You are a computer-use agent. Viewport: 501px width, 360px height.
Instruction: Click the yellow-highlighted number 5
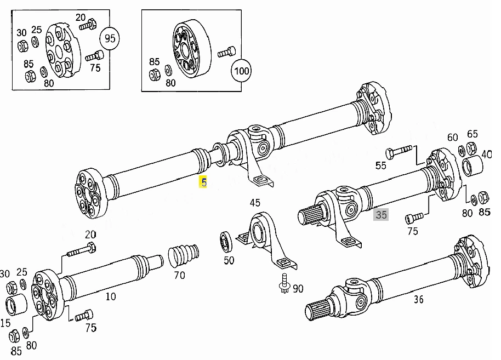pos(203,182)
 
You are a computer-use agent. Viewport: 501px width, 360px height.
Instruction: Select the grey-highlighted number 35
pos(381,214)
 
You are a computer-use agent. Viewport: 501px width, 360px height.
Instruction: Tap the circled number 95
pos(110,38)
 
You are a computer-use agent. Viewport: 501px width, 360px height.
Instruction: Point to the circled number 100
pos(241,71)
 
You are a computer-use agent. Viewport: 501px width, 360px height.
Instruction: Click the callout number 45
pos(255,203)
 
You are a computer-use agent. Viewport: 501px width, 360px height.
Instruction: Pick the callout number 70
pos(179,275)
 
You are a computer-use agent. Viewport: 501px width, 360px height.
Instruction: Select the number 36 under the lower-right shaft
pos(418,299)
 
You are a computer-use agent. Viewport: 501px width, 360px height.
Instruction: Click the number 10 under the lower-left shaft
pos(111,296)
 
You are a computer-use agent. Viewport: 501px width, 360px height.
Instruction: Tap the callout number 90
pos(298,289)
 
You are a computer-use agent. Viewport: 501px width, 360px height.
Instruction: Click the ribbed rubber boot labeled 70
pos(184,255)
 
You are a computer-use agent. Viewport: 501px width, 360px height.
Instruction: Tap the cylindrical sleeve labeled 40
pos(473,165)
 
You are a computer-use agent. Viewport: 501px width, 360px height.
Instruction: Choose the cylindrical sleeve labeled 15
pos(17,305)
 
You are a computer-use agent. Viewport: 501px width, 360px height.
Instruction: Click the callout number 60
pos(452,138)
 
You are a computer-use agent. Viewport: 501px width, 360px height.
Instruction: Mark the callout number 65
pos(472,134)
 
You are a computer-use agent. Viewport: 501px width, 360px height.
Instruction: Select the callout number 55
pos(380,165)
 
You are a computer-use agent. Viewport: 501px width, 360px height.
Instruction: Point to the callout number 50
pos(229,260)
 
